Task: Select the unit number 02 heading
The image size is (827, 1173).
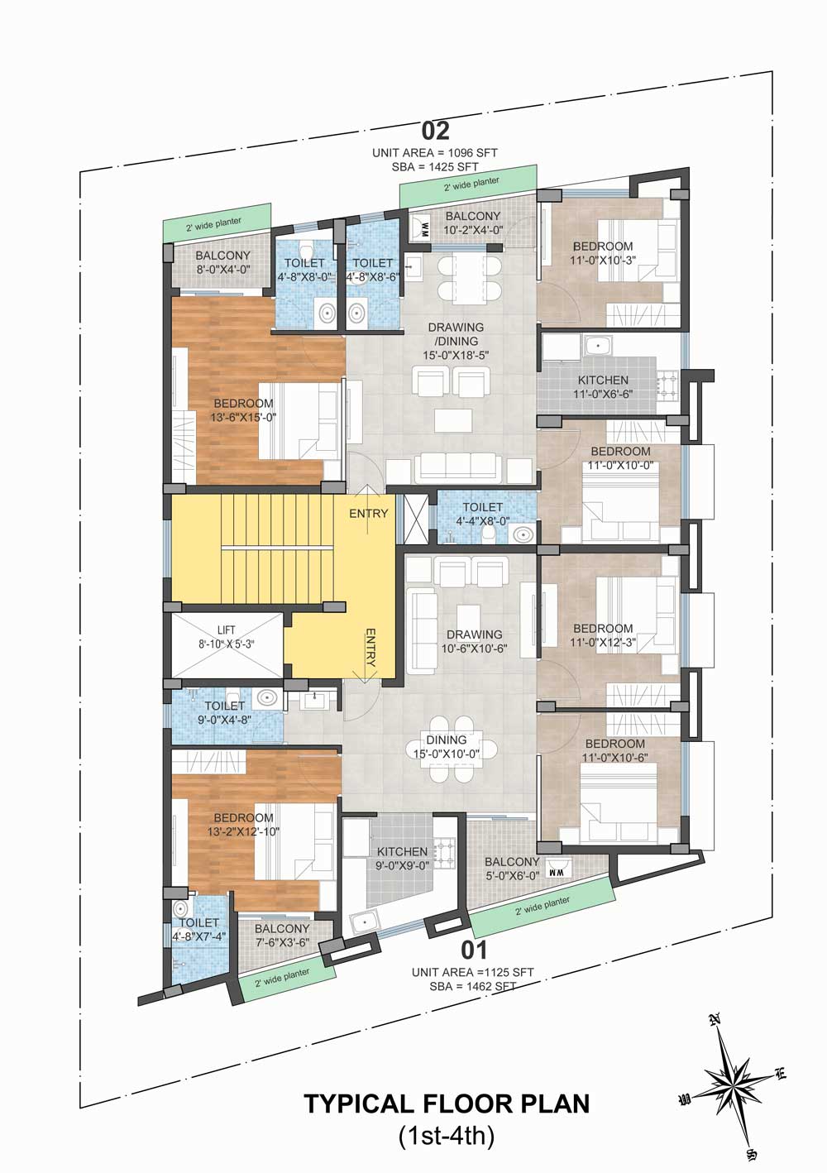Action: (436, 132)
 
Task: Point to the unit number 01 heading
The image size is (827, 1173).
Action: (474, 950)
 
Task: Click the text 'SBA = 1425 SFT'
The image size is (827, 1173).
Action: (435, 167)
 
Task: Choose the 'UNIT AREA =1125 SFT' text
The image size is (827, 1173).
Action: (473, 973)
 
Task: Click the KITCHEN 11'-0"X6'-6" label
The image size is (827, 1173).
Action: (603, 387)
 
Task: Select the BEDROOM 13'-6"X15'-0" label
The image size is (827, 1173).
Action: (243, 410)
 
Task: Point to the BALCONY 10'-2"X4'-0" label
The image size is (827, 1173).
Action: (473, 223)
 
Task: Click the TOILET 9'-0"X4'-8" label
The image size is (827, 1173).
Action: (225, 713)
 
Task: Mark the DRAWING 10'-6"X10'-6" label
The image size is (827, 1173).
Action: (474, 641)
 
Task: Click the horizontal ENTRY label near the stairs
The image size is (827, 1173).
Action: (369, 513)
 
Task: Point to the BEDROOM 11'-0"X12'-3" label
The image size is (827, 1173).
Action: (603, 634)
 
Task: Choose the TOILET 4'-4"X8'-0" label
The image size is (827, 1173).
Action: (482, 514)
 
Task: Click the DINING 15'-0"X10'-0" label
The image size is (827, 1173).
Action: (446, 746)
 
